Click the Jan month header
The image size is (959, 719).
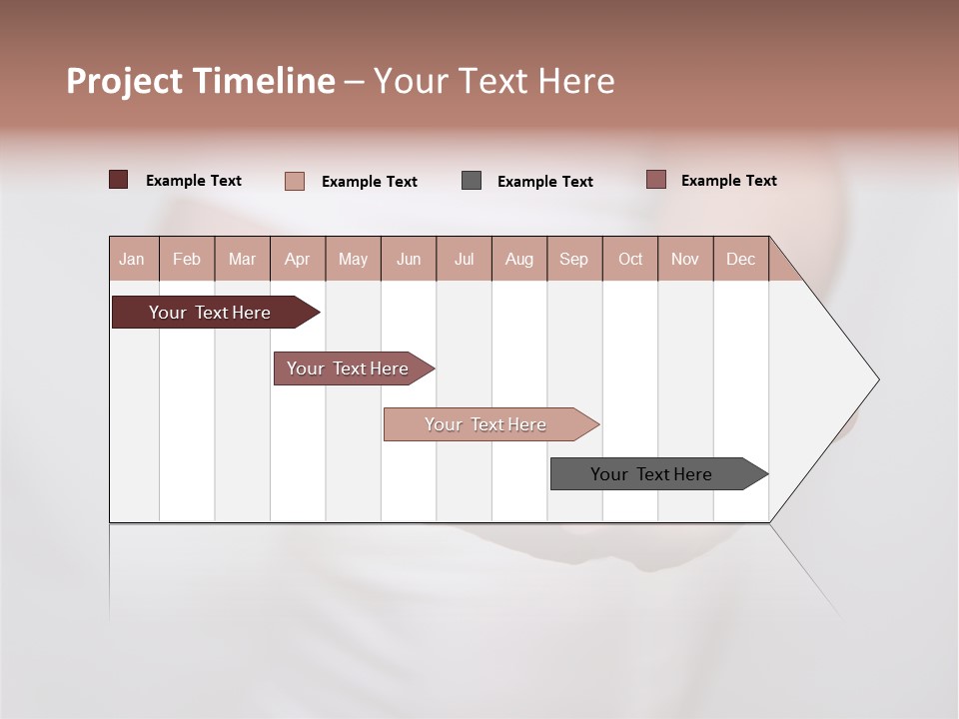pyautogui.click(x=133, y=259)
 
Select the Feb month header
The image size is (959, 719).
pyautogui.click(x=187, y=259)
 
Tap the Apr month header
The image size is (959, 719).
pyautogui.click(x=298, y=259)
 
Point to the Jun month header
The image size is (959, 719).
pyautogui.click(x=409, y=259)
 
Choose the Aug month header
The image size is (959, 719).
pyautogui.click(x=519, y=259)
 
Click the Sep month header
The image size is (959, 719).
pyautogui.click(x=574, y=259)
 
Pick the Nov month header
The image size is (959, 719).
pyautogui.click(x=685, y=259)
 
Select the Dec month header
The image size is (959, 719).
pyautogui.click(x=741, y=259)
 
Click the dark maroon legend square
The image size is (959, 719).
pyautogui.click(x=118, y=180)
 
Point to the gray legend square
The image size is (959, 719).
pyautogui.click(x=472, y=181)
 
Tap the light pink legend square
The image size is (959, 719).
pyautogui.click(x=294, y=181)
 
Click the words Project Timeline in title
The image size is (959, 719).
pyautogui.click(x=200, y=81)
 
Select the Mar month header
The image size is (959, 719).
pyautogui.click(x=242, y=259)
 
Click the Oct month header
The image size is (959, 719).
pyautogui.click(x=630, y=259)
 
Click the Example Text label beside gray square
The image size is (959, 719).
pyautogui.click(x=544, y=182)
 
